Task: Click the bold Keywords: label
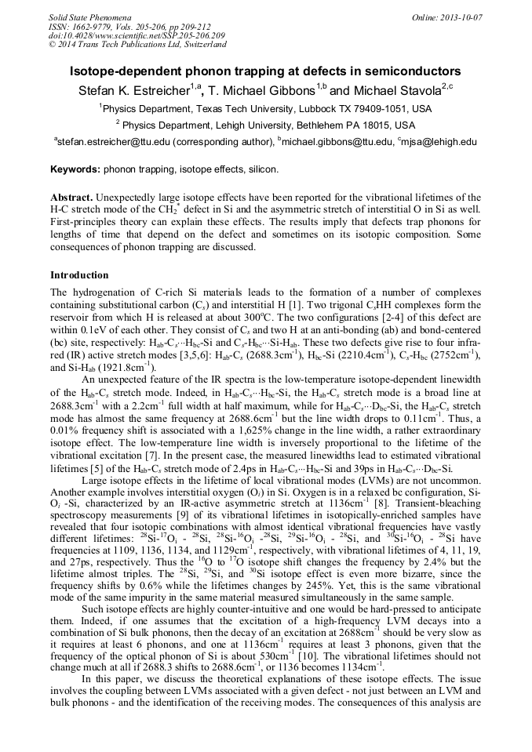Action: pos(75,169)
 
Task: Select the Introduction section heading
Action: pos(79,275)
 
